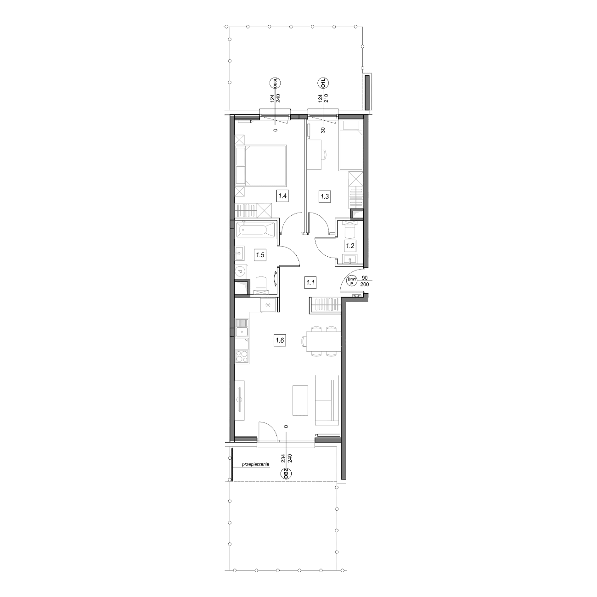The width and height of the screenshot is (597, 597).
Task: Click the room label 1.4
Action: (283, 196)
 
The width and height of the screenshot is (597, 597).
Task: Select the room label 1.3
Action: (325, 196)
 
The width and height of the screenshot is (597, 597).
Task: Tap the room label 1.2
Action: (350, 246)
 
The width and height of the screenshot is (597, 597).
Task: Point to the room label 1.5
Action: (260, 255)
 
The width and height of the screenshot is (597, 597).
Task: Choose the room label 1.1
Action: (310, 282)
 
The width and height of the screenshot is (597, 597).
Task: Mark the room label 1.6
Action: (280, 340)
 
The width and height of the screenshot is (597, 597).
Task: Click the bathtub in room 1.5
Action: (255, 230)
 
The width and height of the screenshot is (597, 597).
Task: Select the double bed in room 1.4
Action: (260, 165)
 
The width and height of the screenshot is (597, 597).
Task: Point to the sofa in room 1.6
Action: (327, 400)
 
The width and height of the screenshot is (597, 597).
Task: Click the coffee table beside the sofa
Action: (300, 400)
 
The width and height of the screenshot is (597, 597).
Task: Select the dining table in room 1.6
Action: (323, 341)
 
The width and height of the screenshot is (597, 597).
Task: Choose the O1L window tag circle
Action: (323, 84)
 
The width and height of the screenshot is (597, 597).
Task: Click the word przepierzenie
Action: (256, 473)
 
